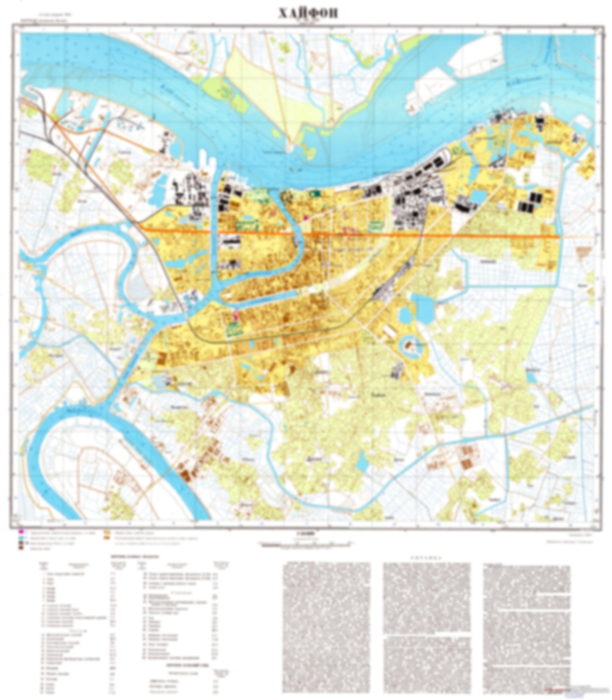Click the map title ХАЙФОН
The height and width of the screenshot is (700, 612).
(308, 14)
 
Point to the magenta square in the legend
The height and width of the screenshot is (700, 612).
(20, 531)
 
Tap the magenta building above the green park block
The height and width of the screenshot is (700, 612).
(235, 314)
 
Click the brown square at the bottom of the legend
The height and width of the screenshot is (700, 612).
(20, 548)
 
